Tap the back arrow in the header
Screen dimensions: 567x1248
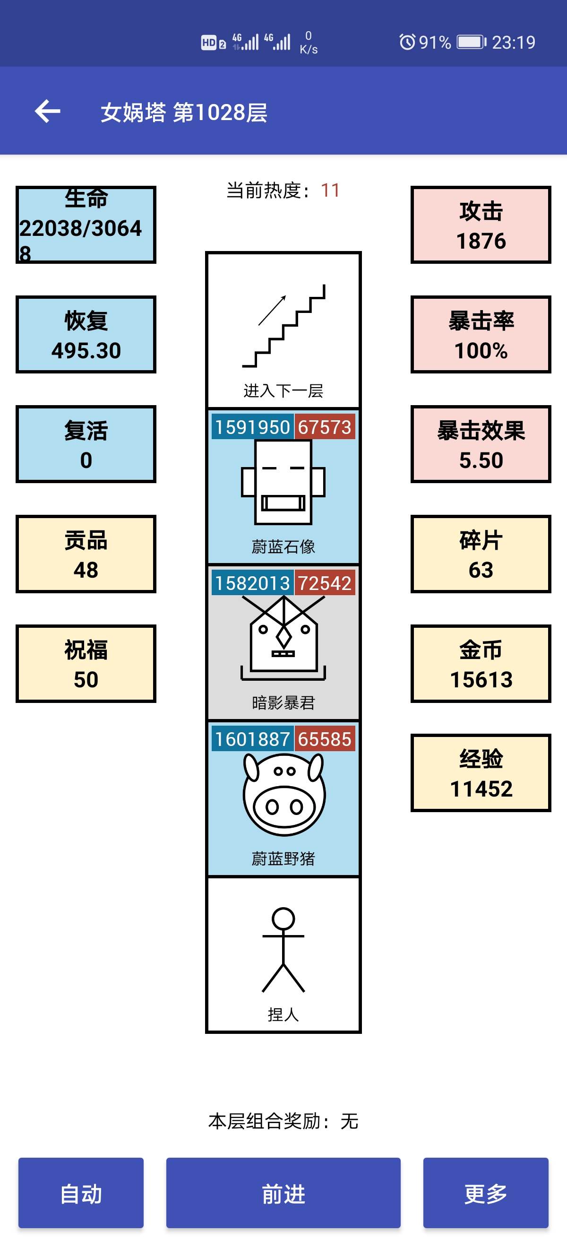(47, 112)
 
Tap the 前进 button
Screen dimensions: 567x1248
(283, 1193)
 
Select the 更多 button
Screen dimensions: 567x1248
(486, 1193)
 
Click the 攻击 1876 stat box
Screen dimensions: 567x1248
(481, 225)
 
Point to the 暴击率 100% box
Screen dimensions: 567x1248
(481, 334)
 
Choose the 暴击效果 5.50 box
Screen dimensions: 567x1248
(481, 444)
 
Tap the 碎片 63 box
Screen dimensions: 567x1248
(481, 554)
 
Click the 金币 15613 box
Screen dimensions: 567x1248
(481, 664)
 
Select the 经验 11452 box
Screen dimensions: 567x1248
(481, 773)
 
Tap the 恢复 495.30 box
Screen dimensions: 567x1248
(86, 334)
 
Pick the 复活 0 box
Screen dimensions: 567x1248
(86, 444)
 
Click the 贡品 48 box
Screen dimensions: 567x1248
(86, 554)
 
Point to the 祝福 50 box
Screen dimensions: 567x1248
(86, 664)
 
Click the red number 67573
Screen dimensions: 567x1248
(325, 427)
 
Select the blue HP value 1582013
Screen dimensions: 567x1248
(252, 583)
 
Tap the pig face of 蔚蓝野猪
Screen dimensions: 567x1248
(284, 795)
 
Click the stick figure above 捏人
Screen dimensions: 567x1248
(283, 950)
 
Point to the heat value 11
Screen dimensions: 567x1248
(330, 191)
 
